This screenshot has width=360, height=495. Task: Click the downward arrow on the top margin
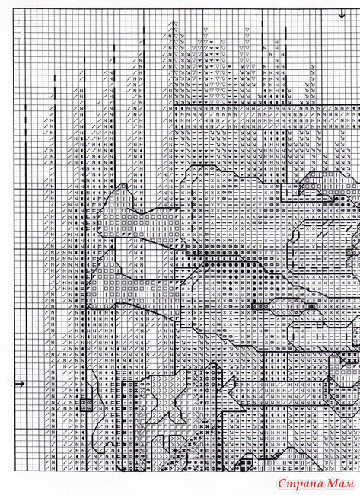coord(342,14)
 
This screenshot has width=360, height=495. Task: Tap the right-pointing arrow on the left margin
coord(20,384)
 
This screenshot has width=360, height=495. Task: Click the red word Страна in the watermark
coord(301,484)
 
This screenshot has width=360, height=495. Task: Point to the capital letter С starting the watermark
coord(282,484)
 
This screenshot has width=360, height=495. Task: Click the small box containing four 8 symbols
coord(86,404)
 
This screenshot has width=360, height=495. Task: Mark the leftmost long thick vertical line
coord(26,287)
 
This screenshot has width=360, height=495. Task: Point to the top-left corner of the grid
coord(14,9)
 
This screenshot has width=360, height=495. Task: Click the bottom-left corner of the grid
coord(14,471)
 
